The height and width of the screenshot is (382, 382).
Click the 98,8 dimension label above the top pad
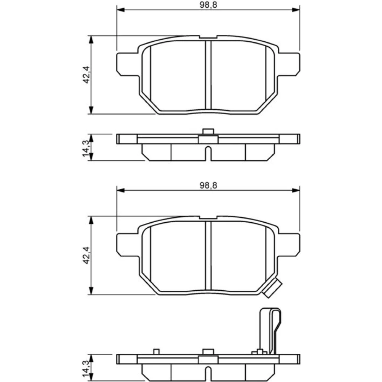pos(208,5)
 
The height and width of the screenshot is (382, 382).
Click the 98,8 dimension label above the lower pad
pos(208,185)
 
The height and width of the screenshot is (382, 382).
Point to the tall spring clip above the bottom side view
pos(271,331)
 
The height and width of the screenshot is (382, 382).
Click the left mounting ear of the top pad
pos(128,64)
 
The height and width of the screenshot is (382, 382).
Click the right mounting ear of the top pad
pos(289,64)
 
